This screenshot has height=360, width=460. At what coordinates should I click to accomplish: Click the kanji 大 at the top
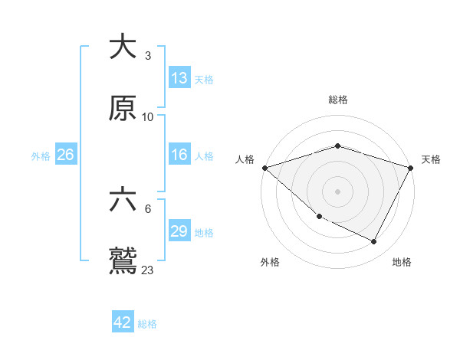pos(123,47)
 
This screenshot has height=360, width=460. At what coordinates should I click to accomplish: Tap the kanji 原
pos(123,109)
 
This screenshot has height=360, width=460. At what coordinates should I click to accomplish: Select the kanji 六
pos(123,201)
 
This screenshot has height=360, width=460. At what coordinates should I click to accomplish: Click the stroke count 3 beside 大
pos(147,56)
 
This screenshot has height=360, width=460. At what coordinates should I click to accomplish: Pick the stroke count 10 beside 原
pos(147,117)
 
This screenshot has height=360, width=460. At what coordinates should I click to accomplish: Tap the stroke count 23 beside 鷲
pos(147,270)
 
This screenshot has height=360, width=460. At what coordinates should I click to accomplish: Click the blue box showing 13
pos(179,78)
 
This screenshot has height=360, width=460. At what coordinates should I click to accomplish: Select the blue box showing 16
pos(179,155)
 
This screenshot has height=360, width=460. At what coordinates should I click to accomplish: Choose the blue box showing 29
pos(179,231)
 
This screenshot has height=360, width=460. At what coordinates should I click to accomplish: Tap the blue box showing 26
pos(65,155)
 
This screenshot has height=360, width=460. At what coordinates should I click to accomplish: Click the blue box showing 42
pos(123,322)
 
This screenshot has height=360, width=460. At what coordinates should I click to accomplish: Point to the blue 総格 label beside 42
pos(147,324)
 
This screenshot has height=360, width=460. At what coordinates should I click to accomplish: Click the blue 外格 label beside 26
pos(41,155)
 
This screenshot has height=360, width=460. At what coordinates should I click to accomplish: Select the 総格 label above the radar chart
pos(338,100)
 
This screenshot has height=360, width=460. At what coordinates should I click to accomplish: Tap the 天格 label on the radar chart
pos(432,159)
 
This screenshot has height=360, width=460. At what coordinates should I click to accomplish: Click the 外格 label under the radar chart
pos(270,262)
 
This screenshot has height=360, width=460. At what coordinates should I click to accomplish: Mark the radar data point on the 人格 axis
pos(264,168)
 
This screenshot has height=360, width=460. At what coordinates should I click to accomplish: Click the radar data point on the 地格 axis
pos(374,242)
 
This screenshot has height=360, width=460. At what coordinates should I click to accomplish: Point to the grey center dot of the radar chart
pos(338,191)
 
